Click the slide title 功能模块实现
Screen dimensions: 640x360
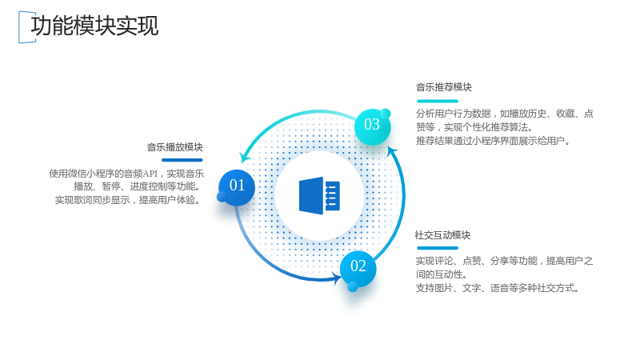(94, 26)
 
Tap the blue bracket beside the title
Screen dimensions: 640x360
(19, 27)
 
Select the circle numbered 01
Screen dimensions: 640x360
(237, 188)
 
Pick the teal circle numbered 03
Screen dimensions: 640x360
(372, 126)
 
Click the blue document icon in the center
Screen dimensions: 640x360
(319, 195)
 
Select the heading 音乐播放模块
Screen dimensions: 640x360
(174, 147)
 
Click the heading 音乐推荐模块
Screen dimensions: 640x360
(444, 87)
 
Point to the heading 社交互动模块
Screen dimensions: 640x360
(442, 235)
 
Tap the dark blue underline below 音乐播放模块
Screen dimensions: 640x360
(182, 160)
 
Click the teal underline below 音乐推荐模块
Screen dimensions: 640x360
(438, 101)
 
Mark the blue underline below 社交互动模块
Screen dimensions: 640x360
(438, 248)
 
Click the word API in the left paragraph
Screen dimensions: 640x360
(150, 174)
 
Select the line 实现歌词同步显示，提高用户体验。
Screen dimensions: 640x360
(128, 200)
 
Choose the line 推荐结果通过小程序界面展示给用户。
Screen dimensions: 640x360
(493, 141)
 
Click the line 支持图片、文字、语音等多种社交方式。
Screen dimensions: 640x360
(498, 288)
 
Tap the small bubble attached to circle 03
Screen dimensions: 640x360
(386, 114)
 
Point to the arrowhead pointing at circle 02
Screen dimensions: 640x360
(338, 278)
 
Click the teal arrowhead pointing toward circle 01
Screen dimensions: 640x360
(244, 158)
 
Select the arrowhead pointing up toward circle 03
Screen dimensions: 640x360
(392, 151)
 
